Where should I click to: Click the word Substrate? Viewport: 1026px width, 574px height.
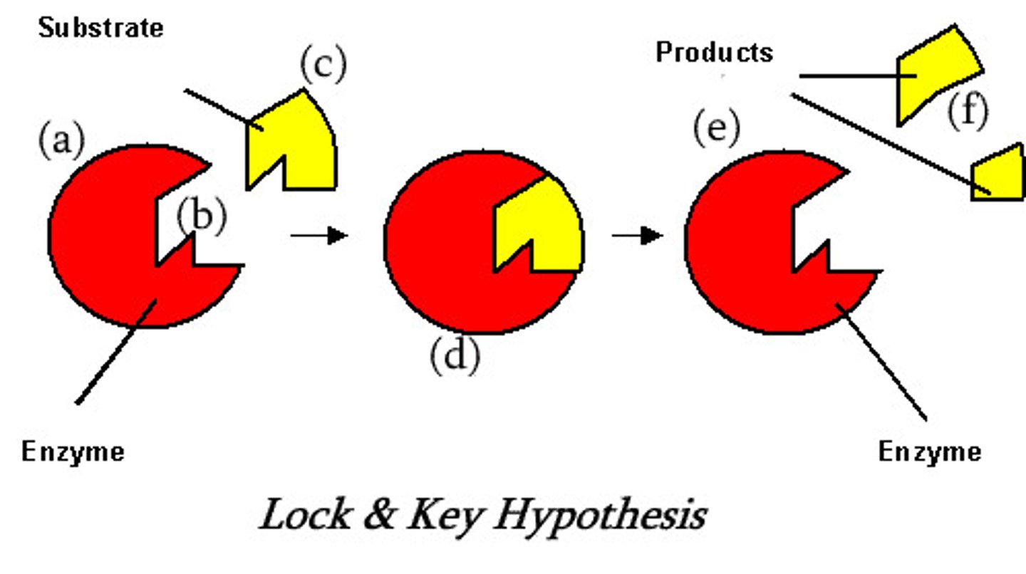pyautogui.click(x=100, y=28)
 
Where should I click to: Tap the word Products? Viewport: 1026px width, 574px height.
pyautogui.click(x=714, y=52)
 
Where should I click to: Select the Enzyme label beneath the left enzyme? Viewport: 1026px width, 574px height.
pyautogui.click(x=73, y=452)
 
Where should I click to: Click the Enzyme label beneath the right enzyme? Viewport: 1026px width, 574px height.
pyautogui.click(x=929, y=452)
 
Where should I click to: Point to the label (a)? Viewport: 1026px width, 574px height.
pyautogui.click(x=61, y=140)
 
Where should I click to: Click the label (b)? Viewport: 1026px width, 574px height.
pyautogui.click(x=202, y=216)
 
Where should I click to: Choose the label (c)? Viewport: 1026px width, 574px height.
pyautogui.click(x=323, y=66)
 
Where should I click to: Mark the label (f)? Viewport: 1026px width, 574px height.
pyautogui.click(x=967, y=112)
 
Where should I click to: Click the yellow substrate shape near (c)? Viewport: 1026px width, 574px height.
pyautogui.click(x=299, y=142)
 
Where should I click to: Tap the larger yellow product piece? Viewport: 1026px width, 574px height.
pyautogui.click(x=933, y=71)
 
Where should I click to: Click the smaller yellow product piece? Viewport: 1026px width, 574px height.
pyautogui.click(x=999, y=174)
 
